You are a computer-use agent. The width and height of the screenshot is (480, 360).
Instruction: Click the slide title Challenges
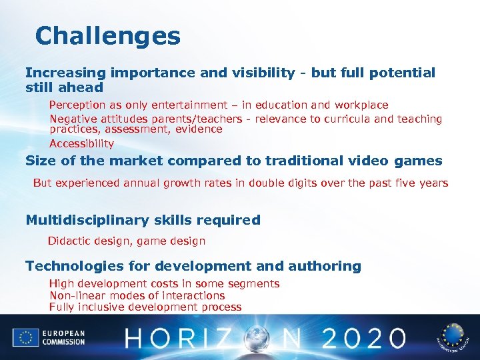(108, 36)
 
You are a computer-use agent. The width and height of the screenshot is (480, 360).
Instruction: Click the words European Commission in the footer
(63, 337)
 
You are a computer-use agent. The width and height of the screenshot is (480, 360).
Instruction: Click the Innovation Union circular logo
(454, 337)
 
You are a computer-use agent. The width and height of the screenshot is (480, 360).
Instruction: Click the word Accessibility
(81, 143)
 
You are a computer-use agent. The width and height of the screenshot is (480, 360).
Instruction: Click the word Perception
(77, 105)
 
